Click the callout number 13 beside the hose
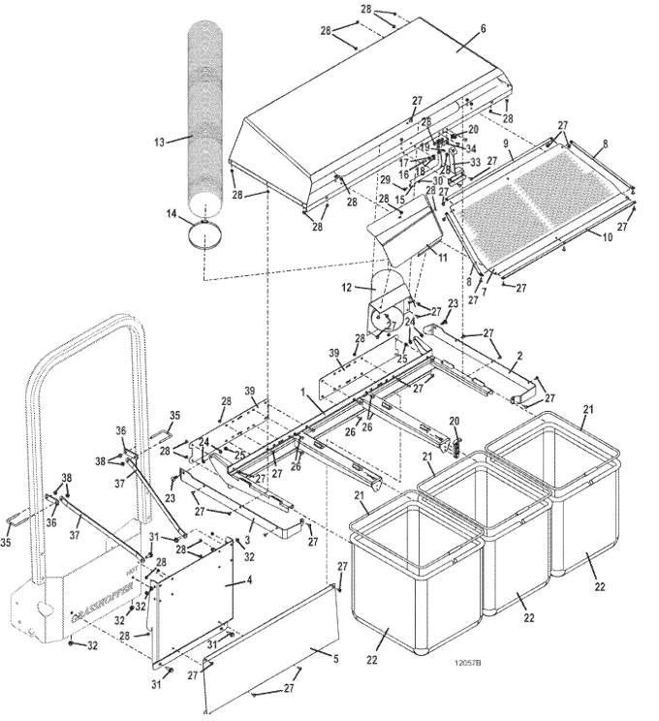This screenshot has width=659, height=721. (159, 141)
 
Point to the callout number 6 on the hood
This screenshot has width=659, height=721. (484, 30)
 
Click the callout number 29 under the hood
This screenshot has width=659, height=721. (384, 179)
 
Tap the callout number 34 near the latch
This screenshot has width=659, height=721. (471, 148)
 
